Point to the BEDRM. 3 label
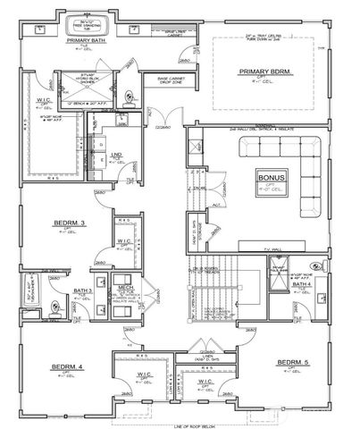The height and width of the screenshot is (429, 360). pos(70,223)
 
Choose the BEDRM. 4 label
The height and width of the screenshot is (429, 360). pos(67,367)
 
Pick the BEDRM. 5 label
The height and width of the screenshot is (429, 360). pos(292,363)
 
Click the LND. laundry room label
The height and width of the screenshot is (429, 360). pos(117,155)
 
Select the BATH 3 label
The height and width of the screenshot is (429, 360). pos(83,291)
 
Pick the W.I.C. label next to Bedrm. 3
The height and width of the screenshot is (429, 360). pos(124,241)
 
